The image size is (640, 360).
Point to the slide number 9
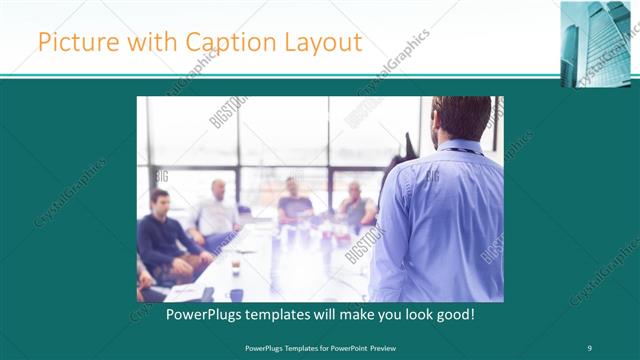[589, 348]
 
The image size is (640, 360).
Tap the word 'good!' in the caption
[452, 314]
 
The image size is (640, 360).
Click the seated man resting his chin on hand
[354, 206]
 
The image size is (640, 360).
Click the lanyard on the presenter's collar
[459, 151]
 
